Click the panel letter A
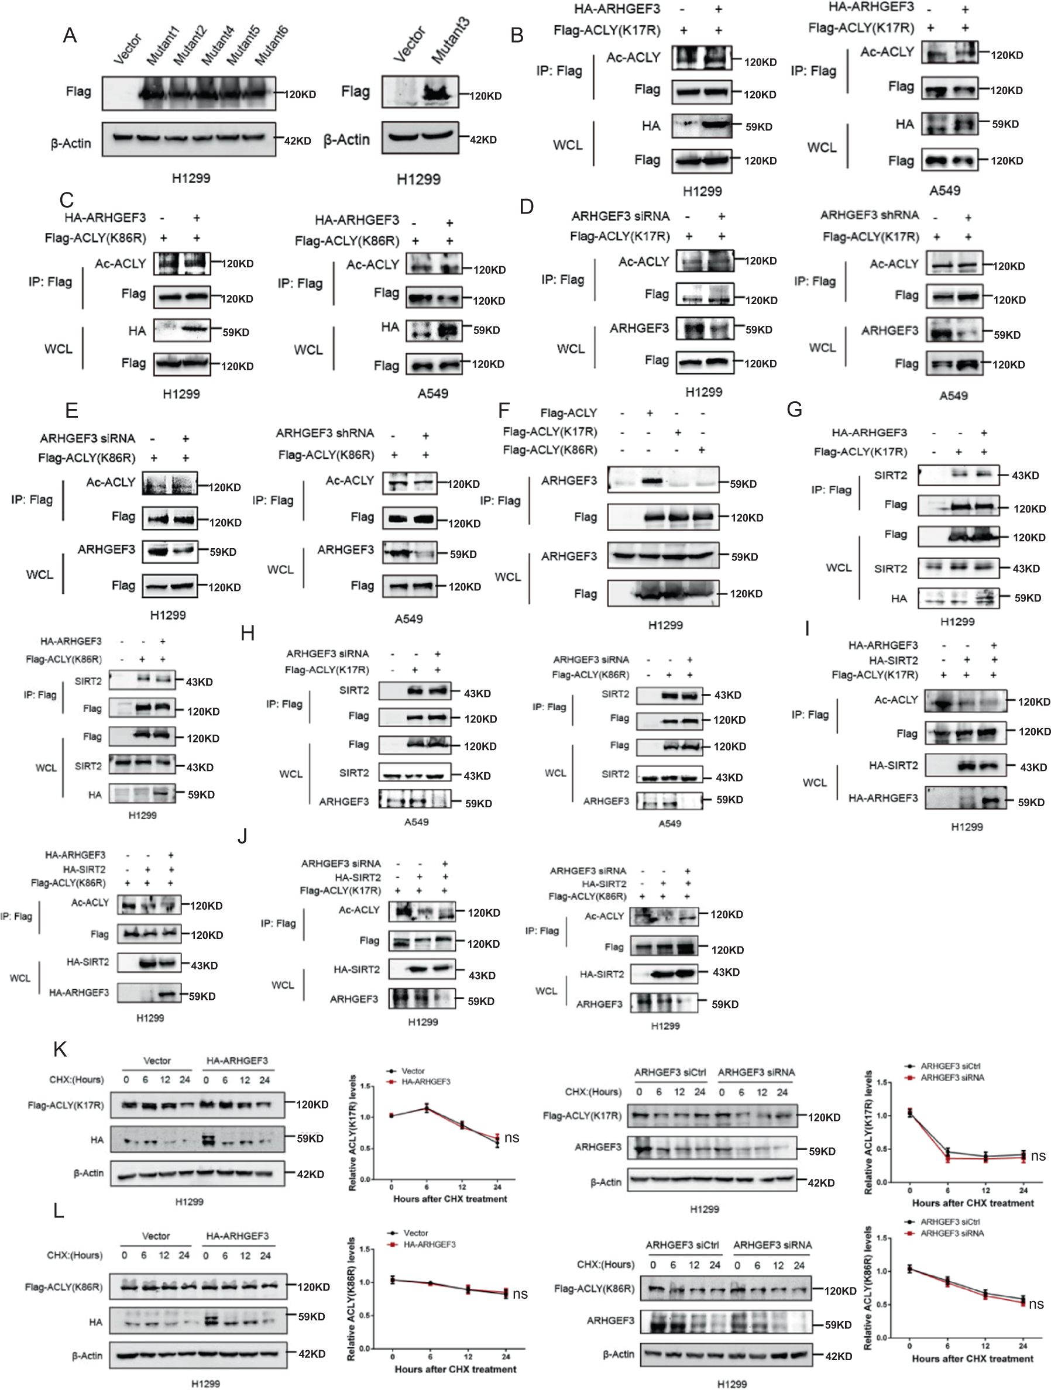70,35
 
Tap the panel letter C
67,200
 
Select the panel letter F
503,410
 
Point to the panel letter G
795,410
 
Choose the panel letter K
60,1049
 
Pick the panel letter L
59,1210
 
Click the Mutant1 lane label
162,46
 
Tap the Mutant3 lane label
449,41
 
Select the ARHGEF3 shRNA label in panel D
870,215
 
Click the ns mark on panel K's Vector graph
511,1137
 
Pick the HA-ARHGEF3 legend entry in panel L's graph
429,1244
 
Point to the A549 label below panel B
944,190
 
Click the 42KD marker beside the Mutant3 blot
483,139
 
